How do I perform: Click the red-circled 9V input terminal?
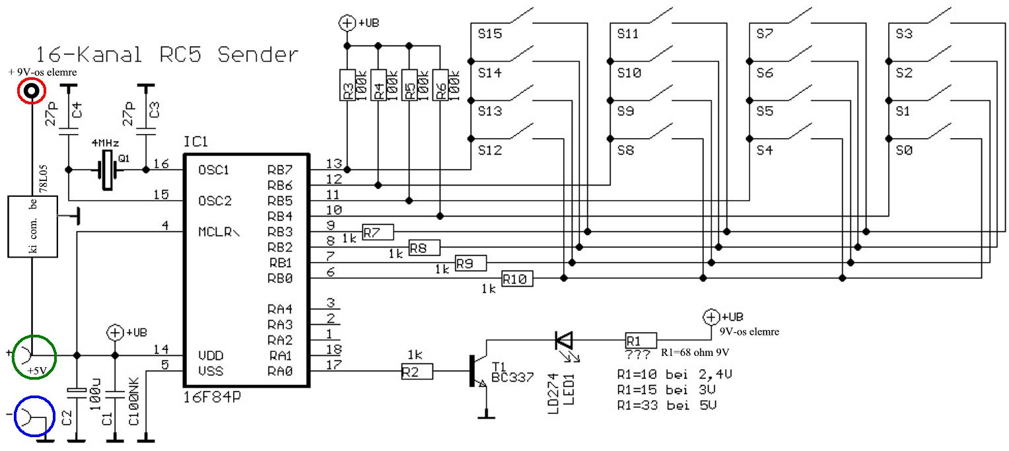32,91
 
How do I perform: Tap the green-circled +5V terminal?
34,357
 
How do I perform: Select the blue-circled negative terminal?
34,417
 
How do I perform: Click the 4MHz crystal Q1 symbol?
107,170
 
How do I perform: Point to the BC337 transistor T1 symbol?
478,370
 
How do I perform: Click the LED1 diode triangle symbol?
564,340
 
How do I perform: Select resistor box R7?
378,232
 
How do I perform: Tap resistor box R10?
517,279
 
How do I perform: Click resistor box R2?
417,372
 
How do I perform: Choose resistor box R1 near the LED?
641,340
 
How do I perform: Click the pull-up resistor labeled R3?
347,85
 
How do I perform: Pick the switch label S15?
489,34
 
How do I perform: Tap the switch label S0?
903,150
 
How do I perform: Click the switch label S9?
625,112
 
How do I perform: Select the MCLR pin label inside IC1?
219,232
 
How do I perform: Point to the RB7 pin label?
280,170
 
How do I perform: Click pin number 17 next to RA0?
333,364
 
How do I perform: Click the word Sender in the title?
258,55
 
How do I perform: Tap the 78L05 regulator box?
32,226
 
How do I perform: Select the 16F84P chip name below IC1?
212,397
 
